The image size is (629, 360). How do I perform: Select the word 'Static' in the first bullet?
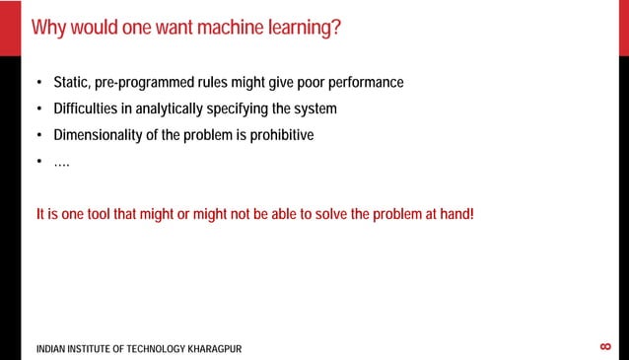click(x=70, y=82)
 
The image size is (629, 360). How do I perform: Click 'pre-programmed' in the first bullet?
click(x=152, y=82)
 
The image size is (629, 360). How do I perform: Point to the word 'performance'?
click(x=361, y=82)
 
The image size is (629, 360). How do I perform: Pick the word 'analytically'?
click(x=187, y=108)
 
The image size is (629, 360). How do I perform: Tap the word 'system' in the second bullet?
click(x=314, y=108)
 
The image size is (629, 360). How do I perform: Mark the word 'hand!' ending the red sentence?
click(x=456, y=214)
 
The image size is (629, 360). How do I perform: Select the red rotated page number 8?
click(x=605, y=346)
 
